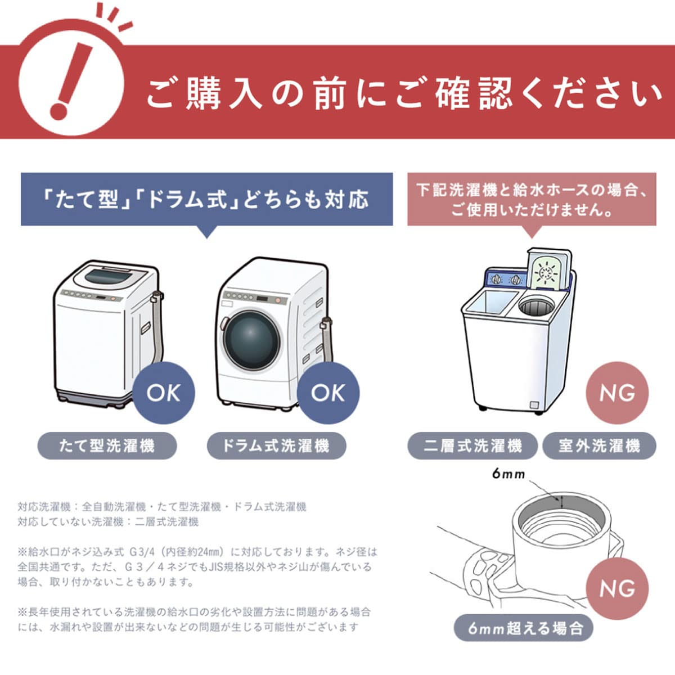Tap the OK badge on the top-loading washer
click(x=164, y=393)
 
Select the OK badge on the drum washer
click(x=328, y=393)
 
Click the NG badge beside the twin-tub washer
click(x=617, y=393)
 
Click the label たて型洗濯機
click(x=107, y=445)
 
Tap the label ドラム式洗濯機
click(x=277, y=445)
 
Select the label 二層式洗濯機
click(x=472, y=445)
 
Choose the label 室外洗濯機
click(x=599, y=445)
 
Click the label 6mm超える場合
click(x=524, y=628)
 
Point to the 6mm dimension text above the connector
click(x=508, y=474)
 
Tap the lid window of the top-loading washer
click(x=109, y=277)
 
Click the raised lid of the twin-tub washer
click(x=549, y=270)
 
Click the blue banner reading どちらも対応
click(x=206, y=199)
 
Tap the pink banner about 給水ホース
click(x=532, y=199)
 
